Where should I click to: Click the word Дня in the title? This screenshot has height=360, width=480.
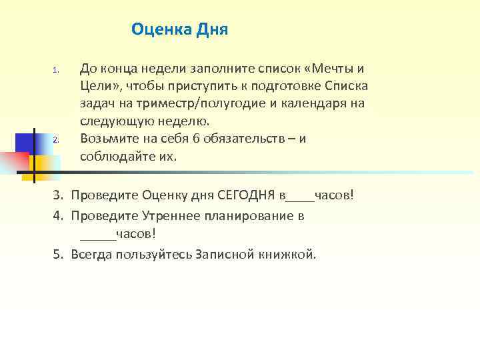(x=212, y=29)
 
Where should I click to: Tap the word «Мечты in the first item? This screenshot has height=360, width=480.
(x=329, y=69)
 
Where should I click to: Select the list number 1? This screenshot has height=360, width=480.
(x=57, y=70)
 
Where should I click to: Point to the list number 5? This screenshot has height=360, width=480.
(x=57, y=254)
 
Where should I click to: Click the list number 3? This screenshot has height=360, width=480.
(x=57, y=196)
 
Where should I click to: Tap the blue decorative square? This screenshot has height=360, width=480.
(x=25, y=143)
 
